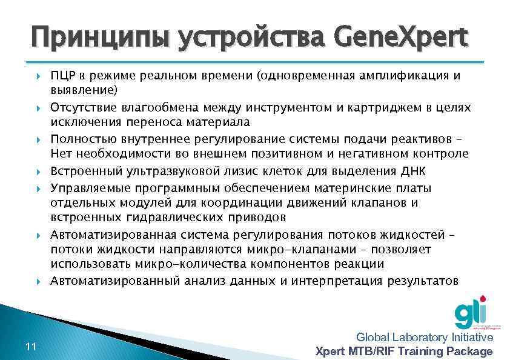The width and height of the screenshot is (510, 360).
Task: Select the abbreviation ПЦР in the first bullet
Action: tap(62, 76)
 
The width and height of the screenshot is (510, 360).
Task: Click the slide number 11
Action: tap(31, 346)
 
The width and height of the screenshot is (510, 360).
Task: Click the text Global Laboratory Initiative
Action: tap(424, 338)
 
